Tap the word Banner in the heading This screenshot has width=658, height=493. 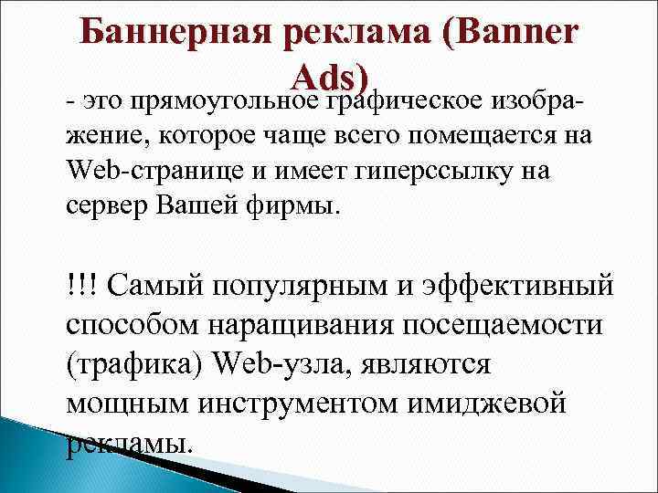pyautogui.click(x=511, y=34)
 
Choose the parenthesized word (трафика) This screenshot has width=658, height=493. pyautogui.click(x=134, y=365)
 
